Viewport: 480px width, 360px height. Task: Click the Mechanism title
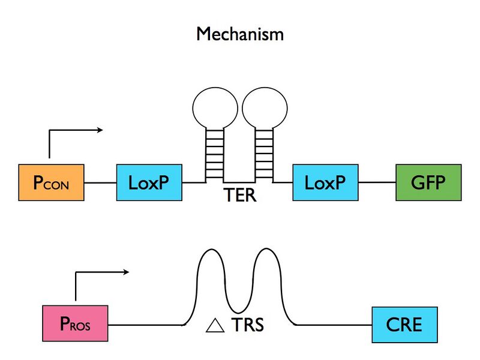[240, 34]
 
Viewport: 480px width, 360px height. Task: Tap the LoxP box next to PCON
[149, 182]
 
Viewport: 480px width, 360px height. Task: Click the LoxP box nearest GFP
[326, 182]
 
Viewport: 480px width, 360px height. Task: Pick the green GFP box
[428, 182]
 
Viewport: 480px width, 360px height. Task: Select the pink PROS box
[75, 325]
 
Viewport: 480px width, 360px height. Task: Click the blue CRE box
[404, 325]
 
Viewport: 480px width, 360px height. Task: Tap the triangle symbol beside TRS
[214, 326]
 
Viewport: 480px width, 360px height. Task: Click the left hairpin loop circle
[214, 107]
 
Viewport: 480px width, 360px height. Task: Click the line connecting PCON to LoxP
[101, 182]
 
